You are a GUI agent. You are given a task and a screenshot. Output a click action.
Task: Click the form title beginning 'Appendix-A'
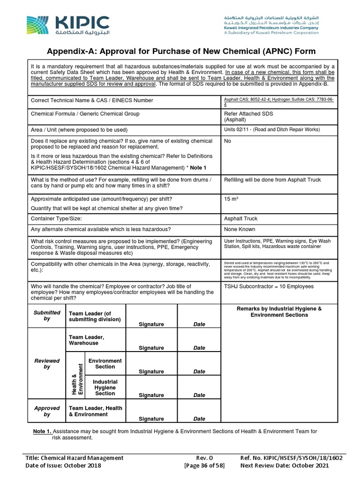point(180,51)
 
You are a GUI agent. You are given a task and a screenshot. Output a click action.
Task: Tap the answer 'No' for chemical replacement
point(228,141)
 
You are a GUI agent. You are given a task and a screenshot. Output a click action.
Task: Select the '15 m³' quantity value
point(232,199)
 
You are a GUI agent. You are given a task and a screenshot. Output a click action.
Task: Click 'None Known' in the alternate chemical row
point(240,229)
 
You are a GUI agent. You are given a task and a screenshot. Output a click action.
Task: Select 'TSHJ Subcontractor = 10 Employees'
point(269,286)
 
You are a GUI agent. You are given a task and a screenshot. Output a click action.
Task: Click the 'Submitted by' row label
point(47,315)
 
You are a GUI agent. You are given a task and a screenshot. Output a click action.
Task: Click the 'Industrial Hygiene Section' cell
point(105,388)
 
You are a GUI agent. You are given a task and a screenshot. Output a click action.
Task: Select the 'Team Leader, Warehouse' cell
point(86,340)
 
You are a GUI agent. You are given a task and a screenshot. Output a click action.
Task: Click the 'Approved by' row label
point(47,411)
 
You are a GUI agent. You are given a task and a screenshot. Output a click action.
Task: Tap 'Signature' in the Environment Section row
point(151,371)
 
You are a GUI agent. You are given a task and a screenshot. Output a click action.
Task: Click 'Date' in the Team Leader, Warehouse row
point(199,348)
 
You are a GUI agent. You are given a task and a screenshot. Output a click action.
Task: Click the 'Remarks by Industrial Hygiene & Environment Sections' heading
point(279,312)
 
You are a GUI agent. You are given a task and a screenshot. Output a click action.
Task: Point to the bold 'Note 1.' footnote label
point(42,431)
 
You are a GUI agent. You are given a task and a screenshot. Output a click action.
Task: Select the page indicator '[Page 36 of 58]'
point(204,465)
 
